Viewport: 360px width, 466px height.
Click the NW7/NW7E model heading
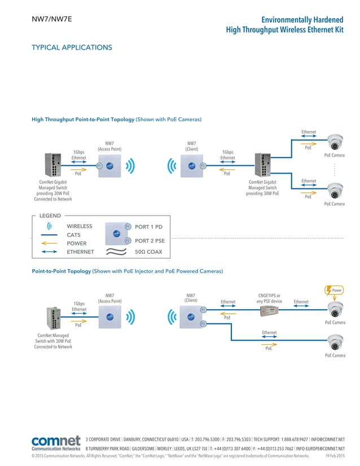coord(51,20)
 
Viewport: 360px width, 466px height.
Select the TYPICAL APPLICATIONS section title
coord(72,47)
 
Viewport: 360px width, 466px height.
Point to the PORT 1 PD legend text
coord(148,227)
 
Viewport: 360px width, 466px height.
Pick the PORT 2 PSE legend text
coord(150,241)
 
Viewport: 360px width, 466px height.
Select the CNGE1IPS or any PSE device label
coord(269,298)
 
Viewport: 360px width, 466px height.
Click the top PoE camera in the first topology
coord(336,142)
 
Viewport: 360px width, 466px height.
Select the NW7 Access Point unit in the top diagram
coord(109,166)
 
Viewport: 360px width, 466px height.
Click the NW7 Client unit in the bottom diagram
coord(191,317)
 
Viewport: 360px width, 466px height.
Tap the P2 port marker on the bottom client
coord(203,324)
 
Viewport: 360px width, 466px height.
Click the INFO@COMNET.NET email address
coord(327,439)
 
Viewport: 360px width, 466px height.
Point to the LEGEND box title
coord(50,216)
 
